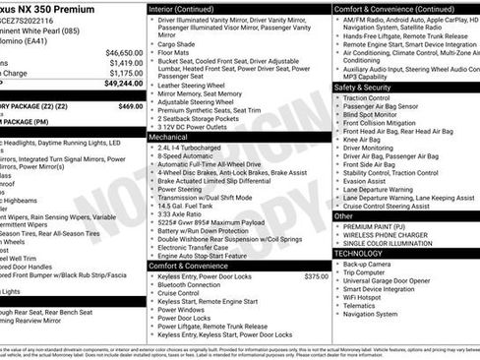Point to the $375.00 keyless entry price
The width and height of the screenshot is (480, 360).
[316, 276]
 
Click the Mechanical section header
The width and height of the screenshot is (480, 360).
[168, 138]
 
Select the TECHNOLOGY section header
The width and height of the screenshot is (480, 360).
[358, 253]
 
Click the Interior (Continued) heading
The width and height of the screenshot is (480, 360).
[189, 8]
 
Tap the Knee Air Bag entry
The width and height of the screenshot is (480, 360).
[365, 141]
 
